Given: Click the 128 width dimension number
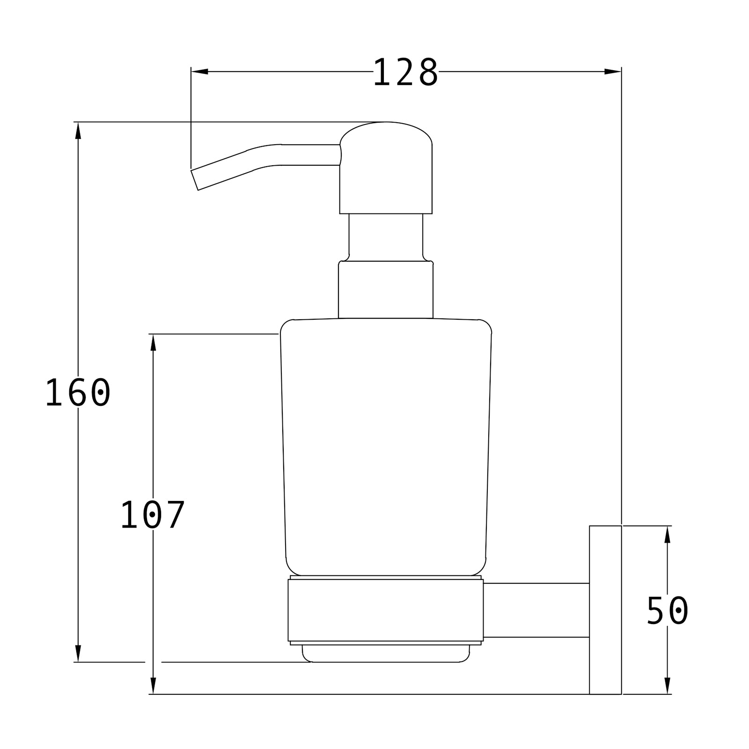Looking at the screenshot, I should tap(405, 73).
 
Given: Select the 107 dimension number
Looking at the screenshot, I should tap(153, 515).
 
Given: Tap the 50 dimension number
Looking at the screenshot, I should tap(667, 611).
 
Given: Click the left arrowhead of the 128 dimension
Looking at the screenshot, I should tap(199, 72).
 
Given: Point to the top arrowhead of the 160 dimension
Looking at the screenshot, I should tap(78, 131).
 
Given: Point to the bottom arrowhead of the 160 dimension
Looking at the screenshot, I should tap(78, 654).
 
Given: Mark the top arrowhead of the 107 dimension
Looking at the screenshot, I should tap(153, 342).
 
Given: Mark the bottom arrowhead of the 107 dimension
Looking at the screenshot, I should tap(153, 686).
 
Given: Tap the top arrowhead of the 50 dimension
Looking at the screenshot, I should tap(667, 534).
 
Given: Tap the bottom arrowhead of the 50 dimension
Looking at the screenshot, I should tap(667, 686).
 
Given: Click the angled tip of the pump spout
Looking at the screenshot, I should tap(195, 180).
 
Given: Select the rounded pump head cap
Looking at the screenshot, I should tap(386, 169).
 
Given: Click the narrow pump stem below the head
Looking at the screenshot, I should tap(386, 236).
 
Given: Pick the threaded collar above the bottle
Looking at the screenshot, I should tap(386, 290).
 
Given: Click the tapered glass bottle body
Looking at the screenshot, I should tap(386, 445).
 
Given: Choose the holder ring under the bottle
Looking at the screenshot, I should tap(386, 611).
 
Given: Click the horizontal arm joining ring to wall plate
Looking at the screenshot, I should tap(536, 610).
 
